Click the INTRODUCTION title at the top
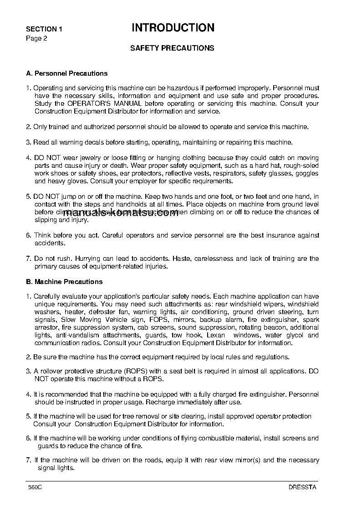[173, 28]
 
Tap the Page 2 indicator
[36, 38]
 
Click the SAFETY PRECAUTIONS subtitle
[172, 48]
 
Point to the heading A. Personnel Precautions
[67, 73]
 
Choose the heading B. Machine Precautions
[64, 282]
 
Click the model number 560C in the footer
[35, 487]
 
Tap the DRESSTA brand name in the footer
[302, 487]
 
